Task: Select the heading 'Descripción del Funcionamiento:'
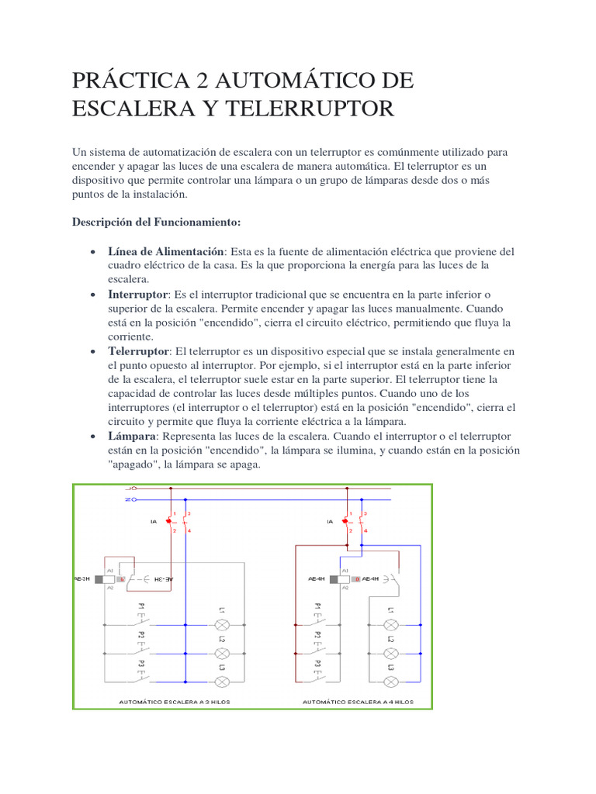point(157,223)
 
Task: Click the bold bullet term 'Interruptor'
point(138,295)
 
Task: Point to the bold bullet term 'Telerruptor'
point(138,351)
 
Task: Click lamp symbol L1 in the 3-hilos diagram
point(221,624)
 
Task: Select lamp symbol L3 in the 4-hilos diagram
point(392,680)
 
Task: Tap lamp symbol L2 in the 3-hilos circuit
point(221,652)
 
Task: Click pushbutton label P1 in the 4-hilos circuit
point(317,609)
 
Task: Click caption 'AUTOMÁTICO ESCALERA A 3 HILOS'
point(174,702)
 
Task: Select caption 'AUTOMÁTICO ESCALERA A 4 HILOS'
point(358,702)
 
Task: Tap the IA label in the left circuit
point(153,522)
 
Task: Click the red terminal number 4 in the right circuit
point(366,530)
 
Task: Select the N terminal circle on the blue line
point(133,500)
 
